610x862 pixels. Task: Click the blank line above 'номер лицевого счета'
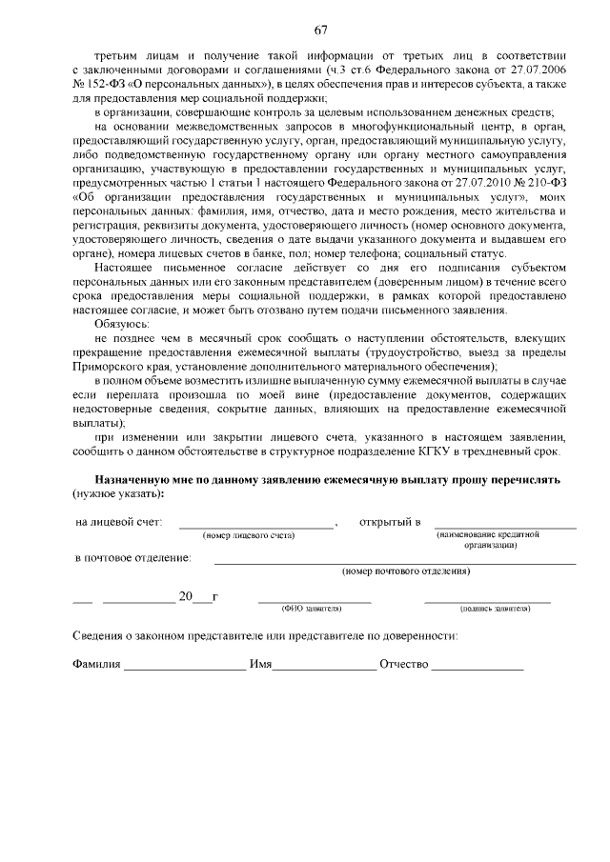pos(256,526)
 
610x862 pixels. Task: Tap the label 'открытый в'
pos(390,522)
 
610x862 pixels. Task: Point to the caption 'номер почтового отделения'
pos(406,571)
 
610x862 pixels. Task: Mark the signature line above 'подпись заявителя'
pos(487,600)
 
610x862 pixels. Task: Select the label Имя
pos(260,665)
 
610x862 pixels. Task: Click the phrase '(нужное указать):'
pos(118,494)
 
